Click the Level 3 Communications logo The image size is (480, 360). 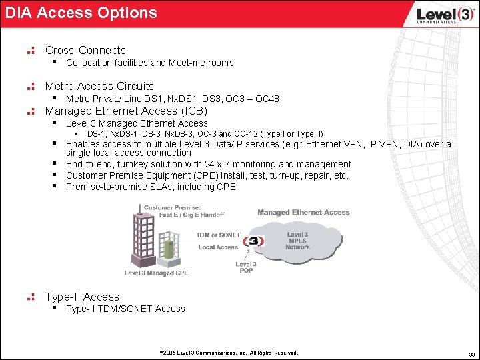(x=436, y=15)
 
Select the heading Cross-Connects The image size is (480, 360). (x=85, y=50)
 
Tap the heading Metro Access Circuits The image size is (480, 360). (x=99, y=86)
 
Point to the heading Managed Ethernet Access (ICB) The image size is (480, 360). (x=126, y=111)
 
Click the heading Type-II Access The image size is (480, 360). (x=82, y=297)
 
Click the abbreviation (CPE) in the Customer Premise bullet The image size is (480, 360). (x=201, y=175)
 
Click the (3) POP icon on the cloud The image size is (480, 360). (x=253, y=241)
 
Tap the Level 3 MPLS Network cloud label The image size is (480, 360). (x=297, y=241)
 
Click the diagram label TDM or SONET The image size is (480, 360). (x=219, y=235)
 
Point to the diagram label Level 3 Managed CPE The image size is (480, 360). (x=156, y=273)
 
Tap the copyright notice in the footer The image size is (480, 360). (x=229, y=353)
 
